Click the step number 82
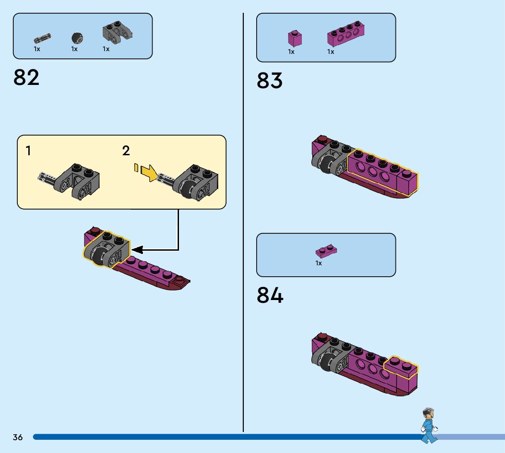(x=26, y=77)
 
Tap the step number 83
(x=269, y=81)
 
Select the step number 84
(x=270, y=295)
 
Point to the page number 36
(x=18, y=437)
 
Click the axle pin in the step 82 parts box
(x=42, y=38)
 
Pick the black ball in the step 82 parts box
(x=77, y=37)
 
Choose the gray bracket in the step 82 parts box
(x=116, y=32)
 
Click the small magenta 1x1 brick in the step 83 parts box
(x=295, y=37)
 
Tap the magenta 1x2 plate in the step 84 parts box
(x=326, y=251)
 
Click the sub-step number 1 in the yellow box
(x=28, y=151)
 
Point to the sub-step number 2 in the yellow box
(x=126, y=151)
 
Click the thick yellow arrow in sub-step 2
(x=149, y=172)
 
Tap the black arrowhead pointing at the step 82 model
(x=137, y=250)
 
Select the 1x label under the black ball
(x=74, y=49)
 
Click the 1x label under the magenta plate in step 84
(x=319, y=263)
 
